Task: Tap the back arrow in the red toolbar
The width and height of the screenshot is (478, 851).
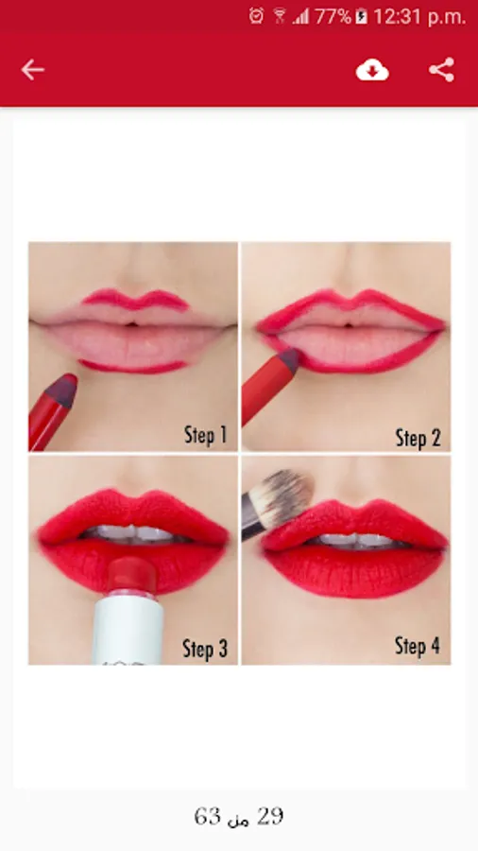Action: (32, 70)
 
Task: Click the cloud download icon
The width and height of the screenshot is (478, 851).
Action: (372, 70)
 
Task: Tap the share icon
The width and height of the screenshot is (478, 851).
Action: (442, 70)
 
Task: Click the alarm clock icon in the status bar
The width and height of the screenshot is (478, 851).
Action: (256, 16)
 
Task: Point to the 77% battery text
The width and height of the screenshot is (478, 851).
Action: (333, 17)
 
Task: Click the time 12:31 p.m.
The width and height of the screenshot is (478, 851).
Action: (419, 17)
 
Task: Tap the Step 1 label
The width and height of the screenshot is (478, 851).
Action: (205, 435)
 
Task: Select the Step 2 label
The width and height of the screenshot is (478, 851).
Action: (418, 438)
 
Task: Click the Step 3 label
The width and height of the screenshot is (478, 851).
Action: (205, 649)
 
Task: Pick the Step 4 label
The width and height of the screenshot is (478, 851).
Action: (418, 646)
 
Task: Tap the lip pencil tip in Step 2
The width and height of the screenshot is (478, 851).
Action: (290, 360)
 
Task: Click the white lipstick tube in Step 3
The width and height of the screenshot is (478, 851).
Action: (128, 630)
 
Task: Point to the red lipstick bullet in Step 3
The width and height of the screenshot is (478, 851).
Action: (131, 575)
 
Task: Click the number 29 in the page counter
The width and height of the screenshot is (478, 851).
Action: (270, 816)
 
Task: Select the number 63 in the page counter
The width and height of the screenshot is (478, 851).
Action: (208, 816)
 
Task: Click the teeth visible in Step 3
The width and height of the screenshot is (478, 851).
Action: (133, 533)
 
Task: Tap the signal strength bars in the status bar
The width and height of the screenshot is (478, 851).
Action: (300, 17)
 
